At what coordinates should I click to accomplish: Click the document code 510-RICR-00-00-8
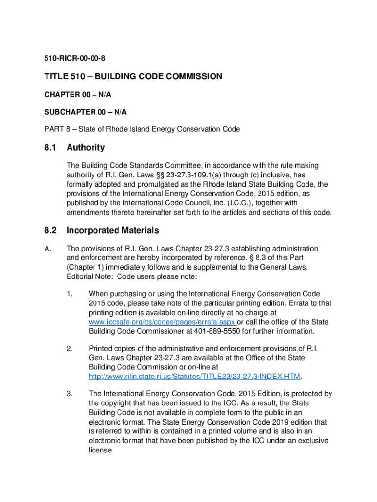73,59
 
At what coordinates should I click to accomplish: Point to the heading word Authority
86,148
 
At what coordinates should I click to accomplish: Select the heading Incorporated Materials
113,231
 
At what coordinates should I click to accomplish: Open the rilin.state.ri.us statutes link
194,376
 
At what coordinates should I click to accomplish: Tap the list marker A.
47,249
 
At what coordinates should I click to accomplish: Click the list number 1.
70,294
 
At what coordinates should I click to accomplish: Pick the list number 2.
70,349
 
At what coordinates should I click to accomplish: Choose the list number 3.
70,394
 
